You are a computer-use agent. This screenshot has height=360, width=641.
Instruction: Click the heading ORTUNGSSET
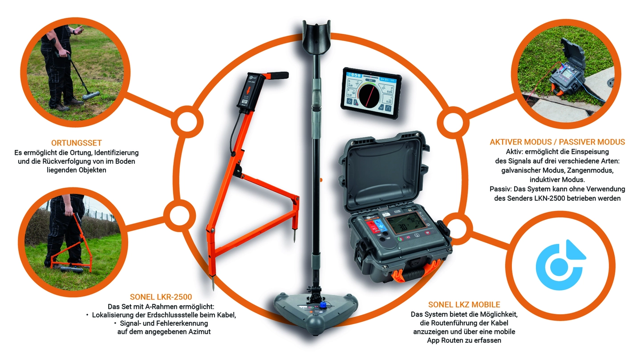pos(77,143)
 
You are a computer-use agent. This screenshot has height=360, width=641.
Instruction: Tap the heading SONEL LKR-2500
pos(161,297)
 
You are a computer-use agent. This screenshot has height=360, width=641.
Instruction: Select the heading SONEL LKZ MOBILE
pos(464,304)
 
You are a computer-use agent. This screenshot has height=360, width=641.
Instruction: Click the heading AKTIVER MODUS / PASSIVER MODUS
pos(557,142)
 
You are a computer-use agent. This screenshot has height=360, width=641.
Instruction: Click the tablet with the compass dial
pos(371,93)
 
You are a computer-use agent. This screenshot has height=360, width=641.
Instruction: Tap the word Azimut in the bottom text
pos(199,332)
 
